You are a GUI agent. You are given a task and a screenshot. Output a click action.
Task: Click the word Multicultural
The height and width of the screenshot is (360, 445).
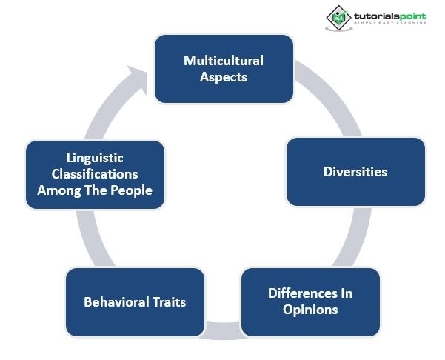coord(223,61)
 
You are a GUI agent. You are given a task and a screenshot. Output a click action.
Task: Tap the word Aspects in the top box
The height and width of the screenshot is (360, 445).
coord(223,76)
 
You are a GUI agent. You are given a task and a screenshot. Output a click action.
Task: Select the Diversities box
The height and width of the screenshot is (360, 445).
coord(355,172)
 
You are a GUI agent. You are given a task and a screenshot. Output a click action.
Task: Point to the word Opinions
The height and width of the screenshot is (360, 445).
coord(310,309)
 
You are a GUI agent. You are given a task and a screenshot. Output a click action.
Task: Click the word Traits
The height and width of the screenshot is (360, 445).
coord(168,301)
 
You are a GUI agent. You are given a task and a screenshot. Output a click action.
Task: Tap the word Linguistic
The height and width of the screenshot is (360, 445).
coord(94,159)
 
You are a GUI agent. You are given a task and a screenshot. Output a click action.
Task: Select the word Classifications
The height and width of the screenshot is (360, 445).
coord(94,174)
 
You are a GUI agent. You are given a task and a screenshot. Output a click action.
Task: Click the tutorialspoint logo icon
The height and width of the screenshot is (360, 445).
coord(340,16)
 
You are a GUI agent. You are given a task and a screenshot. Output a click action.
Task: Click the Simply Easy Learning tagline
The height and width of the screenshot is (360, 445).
coord(390,23)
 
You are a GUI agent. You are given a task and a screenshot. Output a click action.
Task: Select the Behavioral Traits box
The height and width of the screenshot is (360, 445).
coord(134,301)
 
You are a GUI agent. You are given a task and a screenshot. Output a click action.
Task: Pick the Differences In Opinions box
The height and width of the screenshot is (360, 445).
coord(310,301)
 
